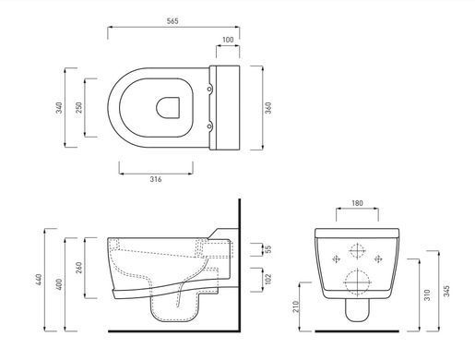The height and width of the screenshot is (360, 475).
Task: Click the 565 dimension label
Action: click(172, 21)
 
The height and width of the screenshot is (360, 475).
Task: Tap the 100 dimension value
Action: click(228, 40)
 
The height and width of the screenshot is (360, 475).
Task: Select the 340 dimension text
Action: click(59, 108)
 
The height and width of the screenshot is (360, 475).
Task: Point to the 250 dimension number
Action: click(78, 108)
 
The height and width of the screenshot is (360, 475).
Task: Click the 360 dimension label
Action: click(268, 108)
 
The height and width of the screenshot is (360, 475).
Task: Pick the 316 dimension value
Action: click(156, 179)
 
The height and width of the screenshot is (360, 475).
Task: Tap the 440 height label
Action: click(39, 280)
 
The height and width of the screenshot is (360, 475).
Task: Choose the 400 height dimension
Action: click(59, 284)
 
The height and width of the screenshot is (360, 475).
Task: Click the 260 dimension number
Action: click(78, 268)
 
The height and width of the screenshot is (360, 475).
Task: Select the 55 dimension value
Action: click(268, 249)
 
